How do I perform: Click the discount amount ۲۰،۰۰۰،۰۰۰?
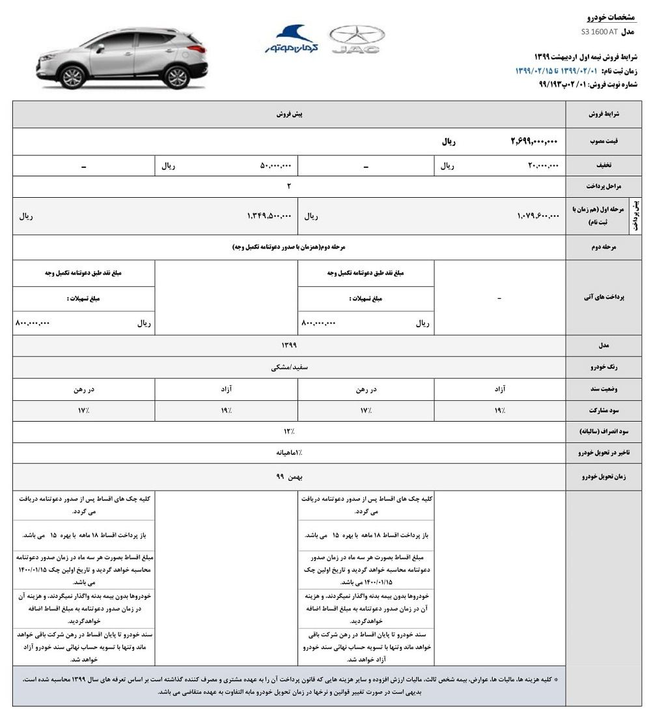(543, 166)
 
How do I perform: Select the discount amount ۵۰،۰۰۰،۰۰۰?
(276, 166)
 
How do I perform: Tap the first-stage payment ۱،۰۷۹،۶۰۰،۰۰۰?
(538, 215)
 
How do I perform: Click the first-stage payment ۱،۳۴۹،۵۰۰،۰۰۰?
(270, 215)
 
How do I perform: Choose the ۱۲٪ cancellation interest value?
(289, 431)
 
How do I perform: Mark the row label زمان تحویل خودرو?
(602, 477)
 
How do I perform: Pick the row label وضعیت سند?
(607, 389)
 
